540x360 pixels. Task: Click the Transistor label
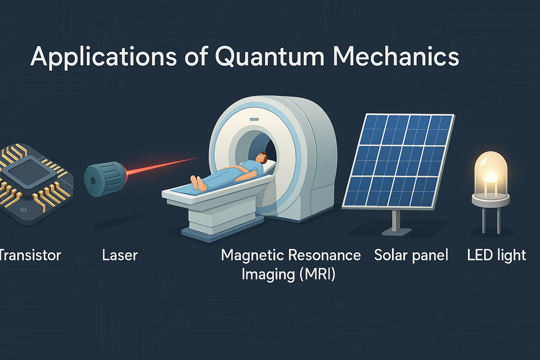pyautogui.click(x=30, y=256)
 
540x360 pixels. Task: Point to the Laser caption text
pyautogui.click(x=120, y=256)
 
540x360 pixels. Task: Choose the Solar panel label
pyautogui.click(x=411, y=256)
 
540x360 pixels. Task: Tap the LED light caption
pyautogui.click(x=496, y=256)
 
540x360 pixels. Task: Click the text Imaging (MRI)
pyautogui.click(x=288, y=274)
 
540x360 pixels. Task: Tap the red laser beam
pyautogui.click(x=162, y=166)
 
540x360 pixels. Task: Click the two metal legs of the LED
pyautogui.click(x=490, y=218)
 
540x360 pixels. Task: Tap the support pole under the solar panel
pyautogui.click(x=395, y=220)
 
